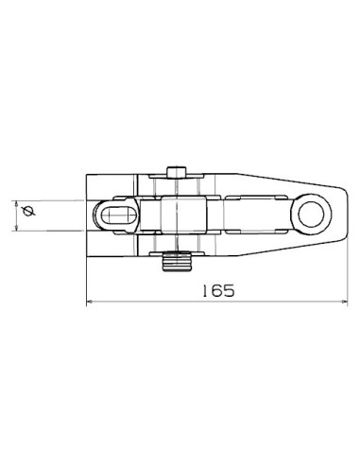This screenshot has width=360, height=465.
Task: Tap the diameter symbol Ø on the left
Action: click(x=27, y=213)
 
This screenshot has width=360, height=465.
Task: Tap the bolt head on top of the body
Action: click(x=177, y=171)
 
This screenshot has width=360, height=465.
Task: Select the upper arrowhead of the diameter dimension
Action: click(x=19, y=202)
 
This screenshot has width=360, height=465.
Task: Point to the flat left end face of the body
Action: click(x=87, y=215)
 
